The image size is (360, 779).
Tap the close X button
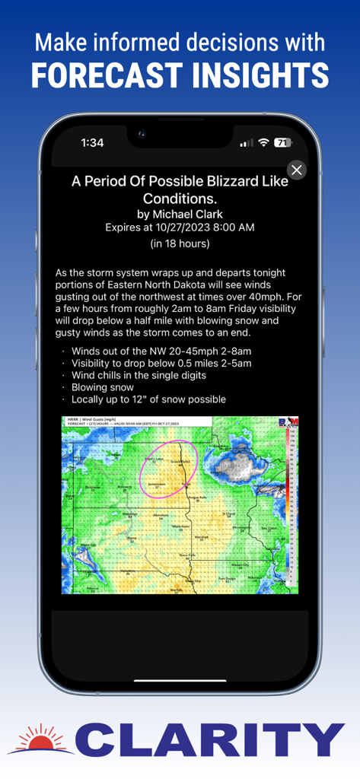click(297, 170)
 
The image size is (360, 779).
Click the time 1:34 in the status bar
click(92, 142)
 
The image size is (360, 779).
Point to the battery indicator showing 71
click(282, 142)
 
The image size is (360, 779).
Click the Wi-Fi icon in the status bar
click(263, 142)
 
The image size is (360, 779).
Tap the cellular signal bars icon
click(246, 143)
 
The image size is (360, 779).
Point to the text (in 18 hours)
click(180, 244)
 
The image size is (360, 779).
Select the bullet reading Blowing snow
click(102, 387)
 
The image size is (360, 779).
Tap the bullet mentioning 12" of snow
click(148, 399)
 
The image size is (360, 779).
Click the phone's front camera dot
click(141, 134)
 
